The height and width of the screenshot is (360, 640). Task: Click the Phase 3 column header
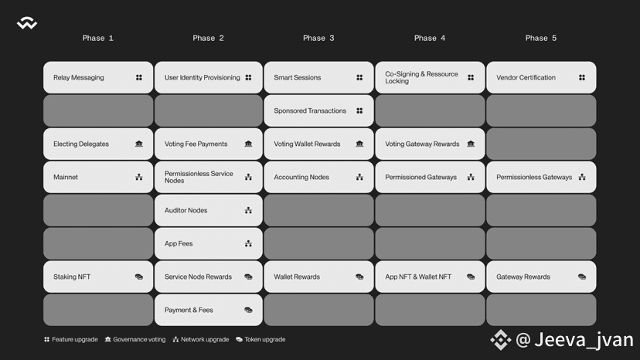click(x=318, y=38)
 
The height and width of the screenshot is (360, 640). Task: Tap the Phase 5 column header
click(x=541, y=38)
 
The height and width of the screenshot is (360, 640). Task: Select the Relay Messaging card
click(x=98, y=77)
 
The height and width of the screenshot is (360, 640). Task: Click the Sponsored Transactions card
click(x=318, y=110)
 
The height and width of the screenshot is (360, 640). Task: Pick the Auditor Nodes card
click(x=208, y=210)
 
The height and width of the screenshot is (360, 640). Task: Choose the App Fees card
click(x=208, y=243)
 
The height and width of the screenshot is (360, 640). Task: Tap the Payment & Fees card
click(x=208, y=310)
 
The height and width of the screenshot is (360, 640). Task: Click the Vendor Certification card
click(x=541, y=77)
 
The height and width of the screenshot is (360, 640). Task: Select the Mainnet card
click(x=98, y=177)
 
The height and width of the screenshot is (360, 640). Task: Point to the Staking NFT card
click(x=98, y=277)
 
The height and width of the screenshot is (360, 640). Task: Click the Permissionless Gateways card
click(x=541, y=177)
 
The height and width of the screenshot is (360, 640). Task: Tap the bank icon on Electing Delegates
click(x=139, y=144)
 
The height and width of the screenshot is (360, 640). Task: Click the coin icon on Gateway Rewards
click(x=582, y=277)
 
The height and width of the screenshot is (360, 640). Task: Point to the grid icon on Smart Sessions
click(x=359, y=77)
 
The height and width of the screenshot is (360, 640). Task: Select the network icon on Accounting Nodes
click(x=359, y=177)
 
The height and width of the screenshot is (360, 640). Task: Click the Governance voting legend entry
click(x=135, y=340)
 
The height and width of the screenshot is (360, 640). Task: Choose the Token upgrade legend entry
click(x=260, y=340)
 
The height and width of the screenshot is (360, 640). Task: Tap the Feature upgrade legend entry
click(x=71, y=340)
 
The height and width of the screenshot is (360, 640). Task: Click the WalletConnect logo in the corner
click(x=27, y=23)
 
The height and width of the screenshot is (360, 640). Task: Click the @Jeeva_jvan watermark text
click(x=574, y=340)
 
